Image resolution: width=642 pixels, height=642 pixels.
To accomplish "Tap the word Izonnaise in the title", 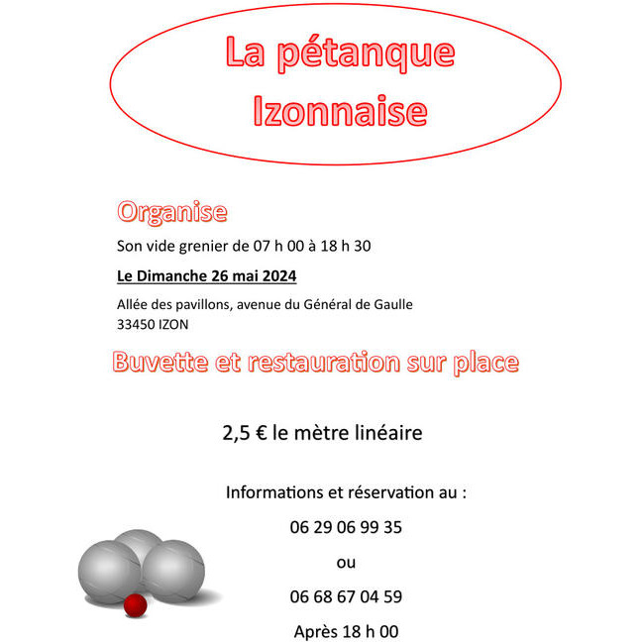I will (340, 112).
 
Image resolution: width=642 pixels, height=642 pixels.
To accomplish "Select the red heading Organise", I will (172, 211).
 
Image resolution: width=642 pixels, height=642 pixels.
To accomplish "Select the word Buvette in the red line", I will (160, 363).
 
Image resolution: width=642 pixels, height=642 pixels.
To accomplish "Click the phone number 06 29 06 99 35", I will (346, 527).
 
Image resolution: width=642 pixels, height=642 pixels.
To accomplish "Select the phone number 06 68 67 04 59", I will (346, 596).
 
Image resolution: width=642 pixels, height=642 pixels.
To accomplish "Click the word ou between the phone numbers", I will (346, 563).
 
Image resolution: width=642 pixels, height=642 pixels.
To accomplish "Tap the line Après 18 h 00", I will (346, 631).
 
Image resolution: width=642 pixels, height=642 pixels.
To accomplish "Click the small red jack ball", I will (136, 603).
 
